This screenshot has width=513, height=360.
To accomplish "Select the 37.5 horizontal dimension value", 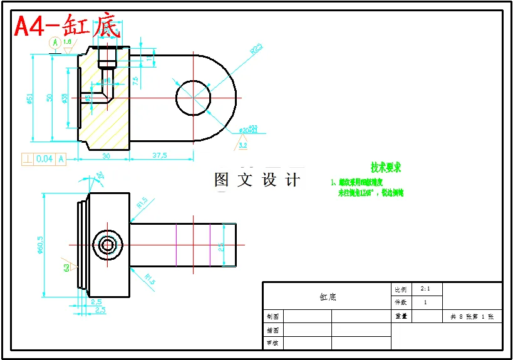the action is [158, 156].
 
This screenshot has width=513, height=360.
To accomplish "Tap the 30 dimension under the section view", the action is [105, 156].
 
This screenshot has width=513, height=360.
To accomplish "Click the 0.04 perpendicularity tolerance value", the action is [44, 159].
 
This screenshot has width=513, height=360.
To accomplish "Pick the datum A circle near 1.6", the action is [55, 43].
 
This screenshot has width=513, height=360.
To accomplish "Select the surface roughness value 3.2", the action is [243, 145].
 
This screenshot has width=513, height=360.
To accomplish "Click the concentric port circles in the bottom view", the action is [108, 245].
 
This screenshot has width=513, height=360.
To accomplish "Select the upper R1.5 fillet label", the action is [142, 202].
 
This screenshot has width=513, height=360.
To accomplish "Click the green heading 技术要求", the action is [385, 168].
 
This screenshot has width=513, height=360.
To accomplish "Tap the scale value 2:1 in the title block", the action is [425, 289].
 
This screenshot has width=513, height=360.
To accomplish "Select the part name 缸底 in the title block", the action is [328, 297].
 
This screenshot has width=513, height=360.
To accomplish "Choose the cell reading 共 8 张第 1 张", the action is [472, 317].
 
